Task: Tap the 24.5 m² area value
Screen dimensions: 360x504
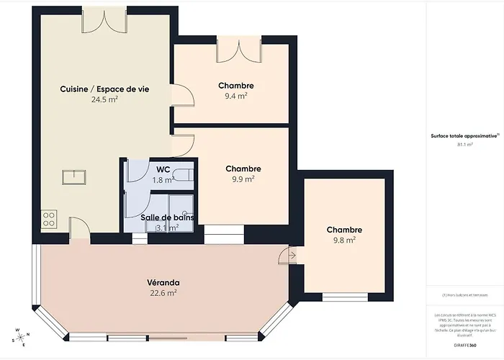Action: [x=104, y=100]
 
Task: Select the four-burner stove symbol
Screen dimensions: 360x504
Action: [x=49, y=219]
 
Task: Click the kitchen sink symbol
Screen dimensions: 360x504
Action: [x=73, y=176]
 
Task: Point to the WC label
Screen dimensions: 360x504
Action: [x=163, y=170]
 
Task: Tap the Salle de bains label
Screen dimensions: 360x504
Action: [x=167, y=217]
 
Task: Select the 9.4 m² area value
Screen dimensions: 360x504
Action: [x=236, y=96]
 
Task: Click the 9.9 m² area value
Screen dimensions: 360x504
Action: [x=243, y=179]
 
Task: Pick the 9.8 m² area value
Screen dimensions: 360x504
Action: [x=343, y=240]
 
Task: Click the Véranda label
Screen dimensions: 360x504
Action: [x=163, y=282]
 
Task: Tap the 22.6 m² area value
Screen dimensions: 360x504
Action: [x=163, y=293]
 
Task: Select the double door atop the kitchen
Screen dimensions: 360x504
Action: [x=98, y=19]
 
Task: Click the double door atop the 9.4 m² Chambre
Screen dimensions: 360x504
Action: [x=238, y=51]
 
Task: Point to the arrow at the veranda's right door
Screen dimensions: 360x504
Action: [x=292, y=254]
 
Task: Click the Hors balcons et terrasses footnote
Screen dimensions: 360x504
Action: [x=464, y=295]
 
